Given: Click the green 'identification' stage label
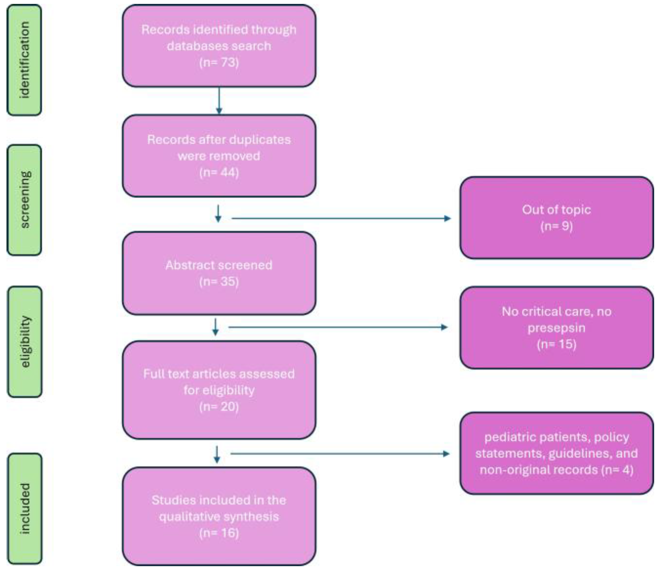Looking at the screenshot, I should point(24,60).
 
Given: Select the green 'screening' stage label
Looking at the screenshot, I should point(24,200).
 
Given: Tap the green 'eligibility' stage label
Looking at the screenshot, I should point(25,342).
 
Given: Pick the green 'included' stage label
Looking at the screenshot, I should point(25,508).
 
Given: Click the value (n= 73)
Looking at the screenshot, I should point(219,62).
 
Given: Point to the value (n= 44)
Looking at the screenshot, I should point(219,172).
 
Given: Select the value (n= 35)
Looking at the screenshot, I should point(219,281).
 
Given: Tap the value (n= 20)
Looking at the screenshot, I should point(219,407).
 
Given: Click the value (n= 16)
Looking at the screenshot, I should point(219,533).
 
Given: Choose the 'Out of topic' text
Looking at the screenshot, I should point(556,210).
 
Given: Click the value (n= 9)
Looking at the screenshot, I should point(556,226).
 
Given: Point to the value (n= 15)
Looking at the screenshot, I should point(556,344).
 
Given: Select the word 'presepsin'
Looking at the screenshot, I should point(556,328).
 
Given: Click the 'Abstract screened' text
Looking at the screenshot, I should point(219,265).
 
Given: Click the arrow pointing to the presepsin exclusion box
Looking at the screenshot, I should point(338,327).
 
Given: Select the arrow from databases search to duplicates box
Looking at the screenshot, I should point(219,101).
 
